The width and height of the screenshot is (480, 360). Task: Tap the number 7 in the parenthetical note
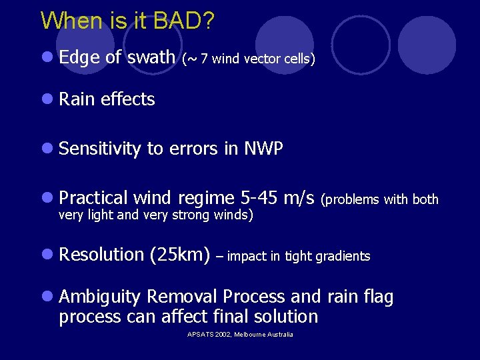[203, 59]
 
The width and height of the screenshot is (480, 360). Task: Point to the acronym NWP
[263, 149]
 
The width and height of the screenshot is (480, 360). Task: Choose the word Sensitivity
[100, 149]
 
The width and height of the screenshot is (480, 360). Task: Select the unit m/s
[299, 198]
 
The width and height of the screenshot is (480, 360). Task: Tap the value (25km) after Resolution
[180, 255]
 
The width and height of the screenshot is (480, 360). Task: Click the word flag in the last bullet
[378, 297]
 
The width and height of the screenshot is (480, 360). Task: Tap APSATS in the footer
[201, 334]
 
